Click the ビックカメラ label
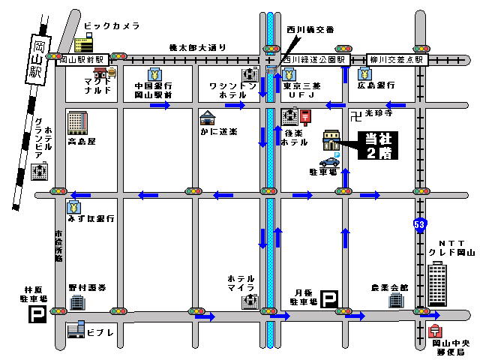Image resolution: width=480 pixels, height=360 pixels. point(112,26)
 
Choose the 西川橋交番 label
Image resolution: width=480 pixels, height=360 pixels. point(309,31)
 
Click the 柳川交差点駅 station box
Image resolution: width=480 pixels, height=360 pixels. point(397,58)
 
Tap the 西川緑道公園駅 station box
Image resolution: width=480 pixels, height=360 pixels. point(313,58)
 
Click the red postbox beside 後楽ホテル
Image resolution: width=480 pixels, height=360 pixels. point(305,116)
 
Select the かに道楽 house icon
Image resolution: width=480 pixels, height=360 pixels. point(208,118)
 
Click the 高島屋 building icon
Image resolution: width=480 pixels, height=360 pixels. point(77,121)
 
